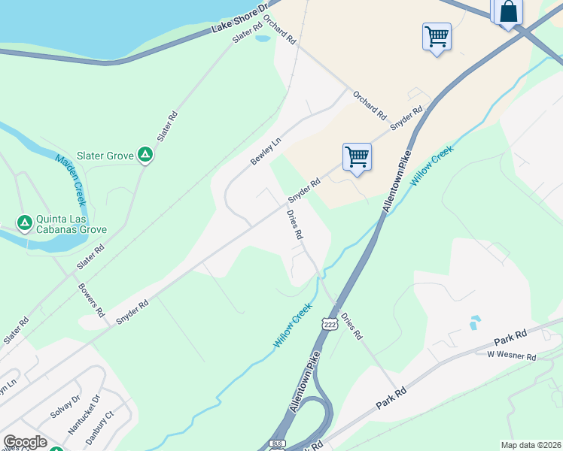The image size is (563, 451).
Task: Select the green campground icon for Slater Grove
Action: [x=146, y=156]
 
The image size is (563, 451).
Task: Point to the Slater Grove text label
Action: [x=109, y=156]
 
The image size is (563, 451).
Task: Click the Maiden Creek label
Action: [x=70, y=180]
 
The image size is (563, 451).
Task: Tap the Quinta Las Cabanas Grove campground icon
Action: [x=25, y=223]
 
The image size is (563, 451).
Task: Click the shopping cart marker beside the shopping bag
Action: [x=437, y=36]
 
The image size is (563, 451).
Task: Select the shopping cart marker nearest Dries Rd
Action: [x=357, y=157]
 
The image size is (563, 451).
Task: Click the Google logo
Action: [x=25, y=442]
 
